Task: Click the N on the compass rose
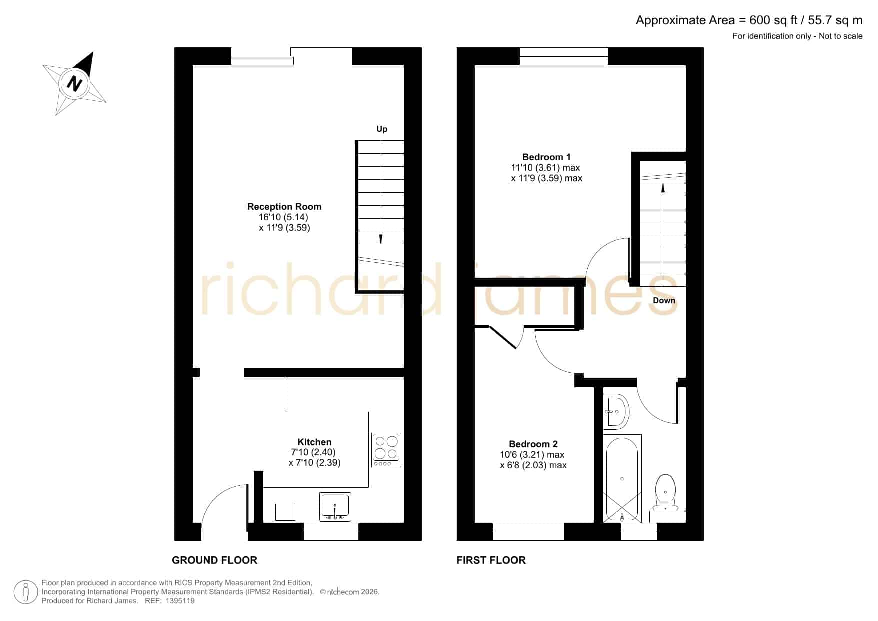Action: pyautogui.click(x=75, y=83)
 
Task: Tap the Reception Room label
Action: pyautogui.click(x=284, y=206)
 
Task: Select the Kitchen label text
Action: pyautogui.click(x=314, y=442)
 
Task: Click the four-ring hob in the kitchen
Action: pyautogui.click(x=386, y=450)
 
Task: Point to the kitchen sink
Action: pyautogui.click(x=335, y=507)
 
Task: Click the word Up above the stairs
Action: pyautogui.click(x=382, y=129)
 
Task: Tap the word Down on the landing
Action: pyautogui.click(x=664, y=300)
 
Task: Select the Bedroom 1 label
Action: pyautogui.click(x=546, y=157)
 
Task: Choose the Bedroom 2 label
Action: pyautogui.click(x=533, y=444)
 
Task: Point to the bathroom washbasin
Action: pyautogui.click(x=616, y=412)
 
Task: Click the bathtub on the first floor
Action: pyautogui.click(x=622, y=478)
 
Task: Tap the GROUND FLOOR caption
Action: pyautogui.click(x=214, y=560)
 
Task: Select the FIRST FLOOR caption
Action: pyautogui.click(x=491, y=560)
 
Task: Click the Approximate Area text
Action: pyautogui.click(x=749, y=20)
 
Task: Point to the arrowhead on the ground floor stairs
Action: pyautogui.click(x=381, y=239)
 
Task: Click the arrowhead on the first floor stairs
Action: pyautogui.click(x=663, y=188)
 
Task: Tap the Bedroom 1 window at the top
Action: pyautogui.click(x=564, y=56)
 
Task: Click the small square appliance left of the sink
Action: pyautogui.click(x=285, y=512)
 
